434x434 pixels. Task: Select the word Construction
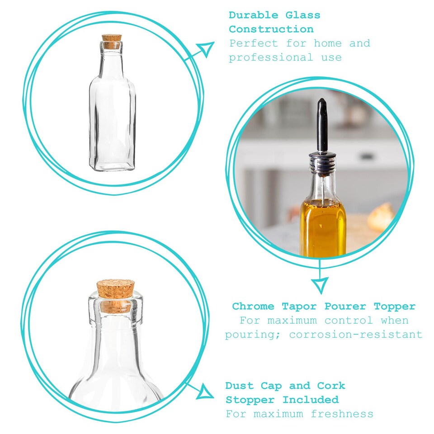271,29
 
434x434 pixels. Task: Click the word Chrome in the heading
253,307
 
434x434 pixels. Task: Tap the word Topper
394,307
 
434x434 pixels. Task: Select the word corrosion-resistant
355,335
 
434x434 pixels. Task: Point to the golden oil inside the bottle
323,226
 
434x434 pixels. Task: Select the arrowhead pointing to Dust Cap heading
207,391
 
